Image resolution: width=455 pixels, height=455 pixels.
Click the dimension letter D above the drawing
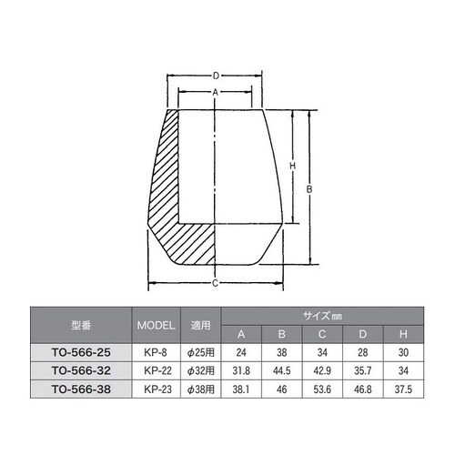click(x=215, y=76)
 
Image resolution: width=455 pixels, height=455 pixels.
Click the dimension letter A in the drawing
click(x=215, y=94)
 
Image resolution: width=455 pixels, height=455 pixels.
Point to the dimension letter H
click(x=291, y=166)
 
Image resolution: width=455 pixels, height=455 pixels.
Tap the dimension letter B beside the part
click(x=311, y=189)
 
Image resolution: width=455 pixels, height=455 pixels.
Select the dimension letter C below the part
click(x=215, y=283)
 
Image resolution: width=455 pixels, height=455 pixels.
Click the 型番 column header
click(x=79, y=324)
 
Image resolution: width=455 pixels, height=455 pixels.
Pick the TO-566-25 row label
click(x=79, y=351)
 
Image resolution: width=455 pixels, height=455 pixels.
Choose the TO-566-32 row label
click(x=79, y=369)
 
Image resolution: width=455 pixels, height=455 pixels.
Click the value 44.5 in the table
click(x=281, y=369)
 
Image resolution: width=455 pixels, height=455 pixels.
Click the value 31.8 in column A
click(x=241, y=369)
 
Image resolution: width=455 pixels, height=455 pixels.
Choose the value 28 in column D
click(x=361, y=351)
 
